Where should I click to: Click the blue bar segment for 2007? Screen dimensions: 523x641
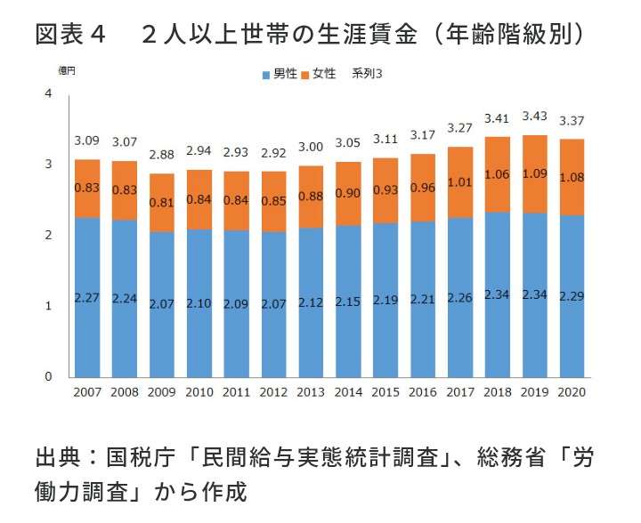tap(87, 297)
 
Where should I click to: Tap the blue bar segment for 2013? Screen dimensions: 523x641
tap(312, 302)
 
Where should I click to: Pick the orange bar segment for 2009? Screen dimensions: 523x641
tap(162, 203)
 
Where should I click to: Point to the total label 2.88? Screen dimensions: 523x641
tap(162, 155)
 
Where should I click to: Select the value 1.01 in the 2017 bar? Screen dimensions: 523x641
tap(460, 183)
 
